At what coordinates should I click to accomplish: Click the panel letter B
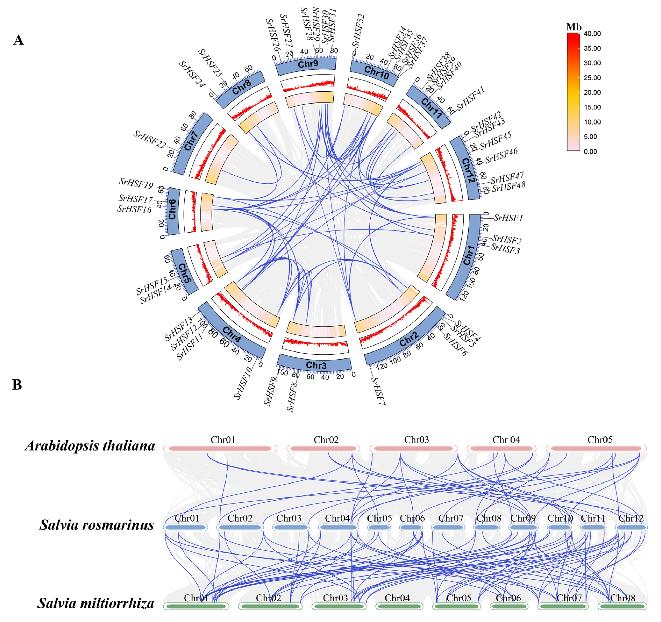tap(17, 385)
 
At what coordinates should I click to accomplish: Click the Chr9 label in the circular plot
tap(308, 64)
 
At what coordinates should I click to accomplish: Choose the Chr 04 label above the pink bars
tap(506, 440)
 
